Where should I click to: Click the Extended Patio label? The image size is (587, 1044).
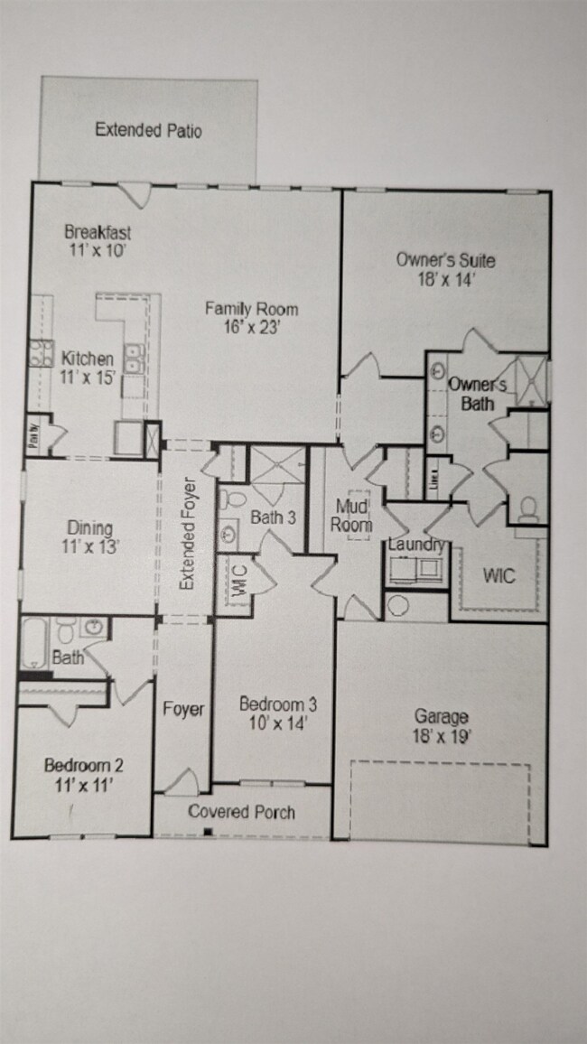click(148, 131)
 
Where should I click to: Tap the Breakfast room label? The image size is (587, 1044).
click(98, 231)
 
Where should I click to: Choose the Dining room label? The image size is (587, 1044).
click(89, 528)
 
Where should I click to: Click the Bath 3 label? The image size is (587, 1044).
click(273, 517)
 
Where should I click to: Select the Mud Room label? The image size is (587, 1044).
click(351, 515)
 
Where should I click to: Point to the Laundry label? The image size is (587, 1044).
click(415, 545)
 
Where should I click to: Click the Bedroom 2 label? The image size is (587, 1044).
click(84, 766)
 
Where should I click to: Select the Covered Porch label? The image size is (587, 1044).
click(241, 812)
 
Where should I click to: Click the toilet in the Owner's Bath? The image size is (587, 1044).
click(527, 509)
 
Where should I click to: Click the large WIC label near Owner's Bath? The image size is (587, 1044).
click(498, 574)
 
